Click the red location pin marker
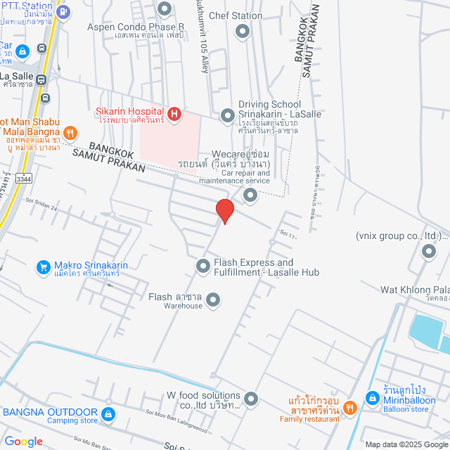[224, 210]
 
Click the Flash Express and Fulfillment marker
[203, 266]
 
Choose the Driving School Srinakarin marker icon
[228, 115]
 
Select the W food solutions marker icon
[251, 400]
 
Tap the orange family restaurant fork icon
[352, 406]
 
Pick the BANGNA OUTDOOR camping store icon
[108, 413]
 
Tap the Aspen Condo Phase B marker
[165, 9]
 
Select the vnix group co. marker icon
[428, 251]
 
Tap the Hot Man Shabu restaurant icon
[70, 131]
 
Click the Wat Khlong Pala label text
[415, 289]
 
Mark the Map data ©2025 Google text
[405, 444]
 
